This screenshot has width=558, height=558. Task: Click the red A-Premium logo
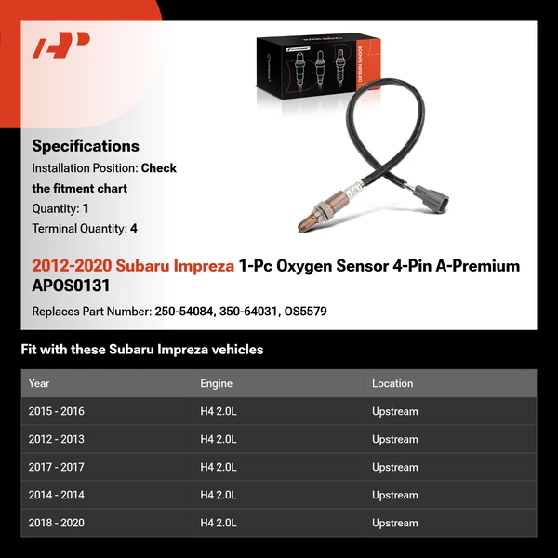pos(60,46)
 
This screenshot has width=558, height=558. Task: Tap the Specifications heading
pos(86,146)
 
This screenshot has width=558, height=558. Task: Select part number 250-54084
pos(184,312)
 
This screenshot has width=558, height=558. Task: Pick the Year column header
pos(39,383)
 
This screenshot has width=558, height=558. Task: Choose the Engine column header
pos(216,383)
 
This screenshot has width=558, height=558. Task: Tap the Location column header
pos(392,383)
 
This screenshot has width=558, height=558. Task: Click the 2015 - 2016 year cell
pos(56,411)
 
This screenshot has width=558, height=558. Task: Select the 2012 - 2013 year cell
pos(56,439)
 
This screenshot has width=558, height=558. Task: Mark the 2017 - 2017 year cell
pos(56,467)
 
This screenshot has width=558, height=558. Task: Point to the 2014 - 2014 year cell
pos(56,495)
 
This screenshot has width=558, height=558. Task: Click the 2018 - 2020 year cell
pos(56,523)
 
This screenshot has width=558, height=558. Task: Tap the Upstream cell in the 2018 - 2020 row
pos(395,523)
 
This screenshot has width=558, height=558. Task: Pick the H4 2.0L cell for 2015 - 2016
pos(219,411)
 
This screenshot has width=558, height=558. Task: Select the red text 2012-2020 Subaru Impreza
pos(133,266)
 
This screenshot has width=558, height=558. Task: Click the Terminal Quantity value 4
pos(134,229)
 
